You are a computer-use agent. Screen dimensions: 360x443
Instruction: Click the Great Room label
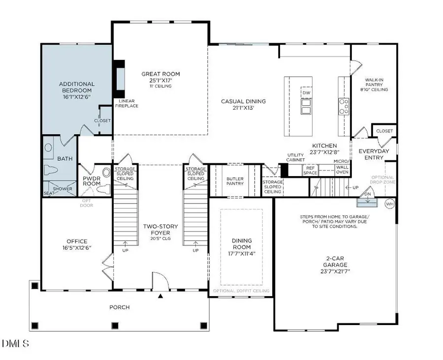(160, 74)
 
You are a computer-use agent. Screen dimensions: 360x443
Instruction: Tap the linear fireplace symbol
(119, 79)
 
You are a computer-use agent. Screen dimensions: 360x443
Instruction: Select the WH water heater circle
(389, 204)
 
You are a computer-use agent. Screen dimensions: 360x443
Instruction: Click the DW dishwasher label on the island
(306, 92)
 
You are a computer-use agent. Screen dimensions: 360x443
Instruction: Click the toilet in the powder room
(103, 188)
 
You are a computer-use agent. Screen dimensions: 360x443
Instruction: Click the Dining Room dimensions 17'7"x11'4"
(241, 254)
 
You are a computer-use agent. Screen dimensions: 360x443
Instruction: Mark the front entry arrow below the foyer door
(160, 297)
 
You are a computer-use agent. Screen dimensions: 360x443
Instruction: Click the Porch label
(119, 307)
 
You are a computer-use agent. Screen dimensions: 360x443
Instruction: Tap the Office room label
(77, 241)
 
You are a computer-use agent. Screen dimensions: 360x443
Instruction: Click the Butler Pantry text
(235, 181)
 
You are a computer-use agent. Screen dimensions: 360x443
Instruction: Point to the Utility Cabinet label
(296, 157)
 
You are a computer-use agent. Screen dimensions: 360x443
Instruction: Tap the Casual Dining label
(243, 101)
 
